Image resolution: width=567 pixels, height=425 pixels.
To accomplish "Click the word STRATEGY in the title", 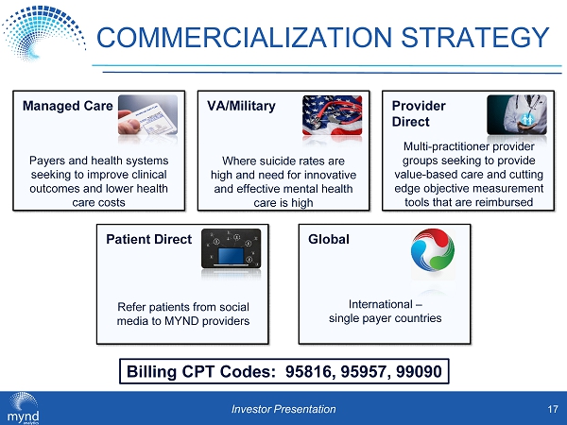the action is click(x=475, y=37).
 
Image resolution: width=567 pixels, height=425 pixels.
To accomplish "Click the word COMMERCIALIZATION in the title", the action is click(x=245, y=37).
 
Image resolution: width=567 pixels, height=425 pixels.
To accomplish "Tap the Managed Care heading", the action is click(x=68, y=106).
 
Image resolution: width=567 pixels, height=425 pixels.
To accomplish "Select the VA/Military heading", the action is click(x=241, y=106).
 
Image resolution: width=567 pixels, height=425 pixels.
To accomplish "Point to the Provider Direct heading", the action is click(x=419, y=113).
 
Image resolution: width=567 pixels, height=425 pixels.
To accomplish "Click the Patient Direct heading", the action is click(x=148, y=239).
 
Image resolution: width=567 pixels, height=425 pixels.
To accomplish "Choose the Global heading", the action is click(x=329, y=239).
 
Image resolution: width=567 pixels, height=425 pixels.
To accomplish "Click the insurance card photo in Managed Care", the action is click(x=148, y=115).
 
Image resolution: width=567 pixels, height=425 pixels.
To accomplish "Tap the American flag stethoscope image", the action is click(x=332, y=115).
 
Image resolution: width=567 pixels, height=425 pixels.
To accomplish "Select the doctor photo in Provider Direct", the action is click(x=517, y=115).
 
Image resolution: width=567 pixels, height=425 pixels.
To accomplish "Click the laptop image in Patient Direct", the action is click(x=232, y=248).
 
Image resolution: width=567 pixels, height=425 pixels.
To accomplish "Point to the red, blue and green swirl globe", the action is click(x=433, y=249).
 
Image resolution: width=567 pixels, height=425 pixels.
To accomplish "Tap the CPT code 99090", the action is click(x=419, y=371).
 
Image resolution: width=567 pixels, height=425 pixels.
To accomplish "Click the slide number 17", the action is click(x=553, y=409).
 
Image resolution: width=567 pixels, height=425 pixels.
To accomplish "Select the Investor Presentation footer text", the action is click(x=283, y=409).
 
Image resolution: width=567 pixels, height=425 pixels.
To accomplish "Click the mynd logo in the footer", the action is click(x=23, y=408).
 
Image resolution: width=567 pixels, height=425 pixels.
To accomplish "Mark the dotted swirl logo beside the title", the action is click(x=43, y=32).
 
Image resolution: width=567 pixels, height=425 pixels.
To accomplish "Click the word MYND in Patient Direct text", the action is click(x=181, y=321).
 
